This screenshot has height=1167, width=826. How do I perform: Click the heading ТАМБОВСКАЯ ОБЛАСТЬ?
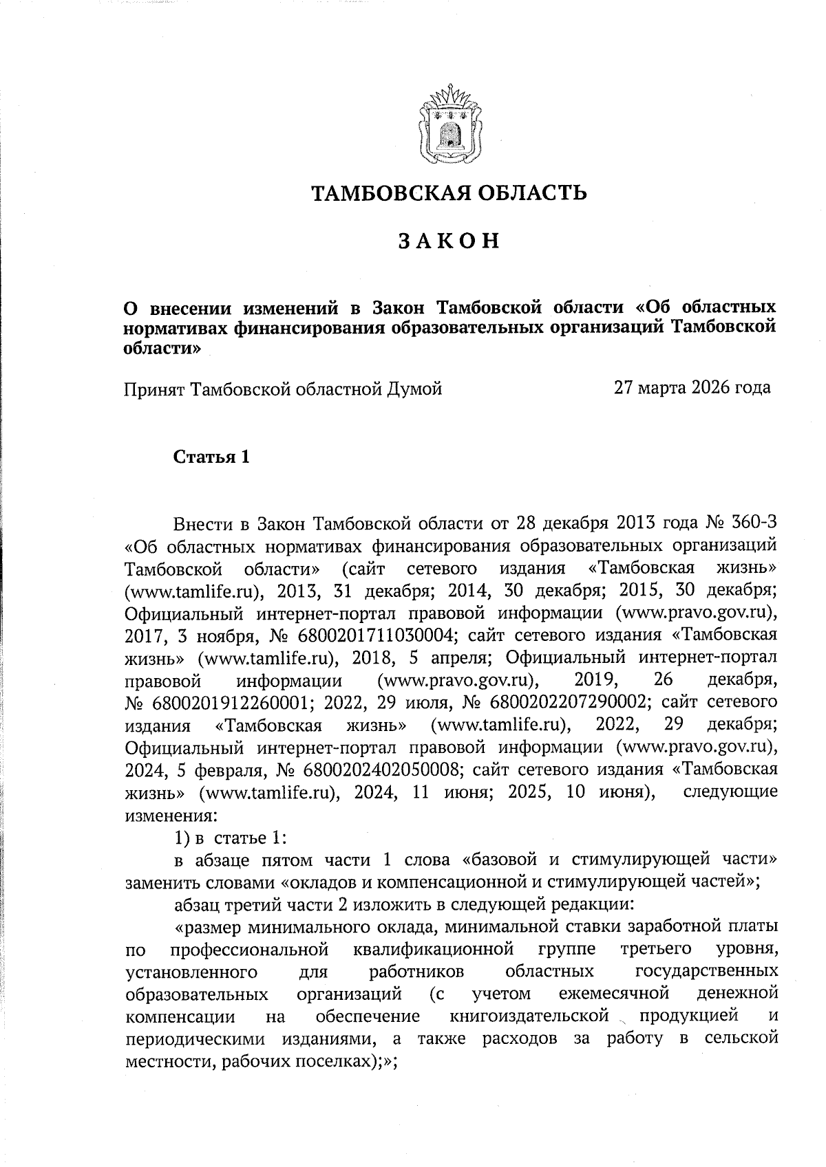pos(450,193)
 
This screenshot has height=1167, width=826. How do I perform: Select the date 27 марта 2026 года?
pos(692,388)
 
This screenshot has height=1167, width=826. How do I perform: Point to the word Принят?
pos(155,389)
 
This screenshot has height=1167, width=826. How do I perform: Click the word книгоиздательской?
pos(529,1016)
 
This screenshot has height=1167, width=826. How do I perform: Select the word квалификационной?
pos(434,950)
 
